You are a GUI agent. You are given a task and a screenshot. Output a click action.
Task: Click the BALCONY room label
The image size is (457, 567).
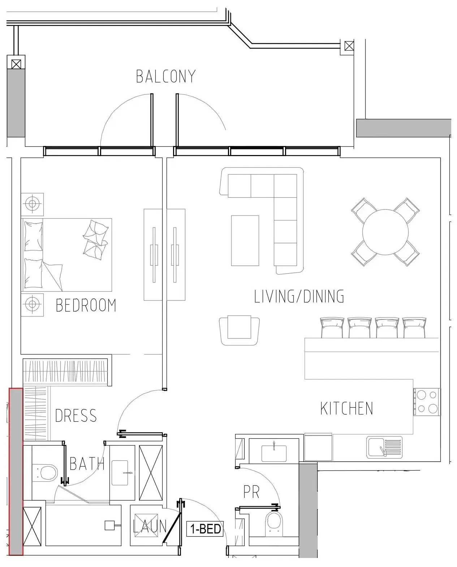click(x=166, y=76)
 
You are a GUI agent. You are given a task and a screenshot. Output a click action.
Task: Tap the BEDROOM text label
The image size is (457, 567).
click(x=86, y=305)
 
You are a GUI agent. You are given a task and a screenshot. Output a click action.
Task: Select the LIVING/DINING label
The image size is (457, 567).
click(x=299, y=296)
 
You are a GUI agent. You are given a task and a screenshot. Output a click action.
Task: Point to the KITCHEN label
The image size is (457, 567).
click(x=346, y=408)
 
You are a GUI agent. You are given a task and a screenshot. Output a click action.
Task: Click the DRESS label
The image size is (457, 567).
click(x=76, y=416)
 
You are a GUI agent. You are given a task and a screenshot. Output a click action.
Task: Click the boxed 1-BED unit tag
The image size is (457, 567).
click(x=205, y=529)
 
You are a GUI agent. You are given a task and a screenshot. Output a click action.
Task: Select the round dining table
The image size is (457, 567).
click(x=385, y=232)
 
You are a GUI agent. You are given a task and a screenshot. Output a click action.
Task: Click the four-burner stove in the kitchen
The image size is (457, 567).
click(x=427, y=402)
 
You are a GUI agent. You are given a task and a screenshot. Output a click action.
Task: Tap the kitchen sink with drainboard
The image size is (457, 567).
click(x=384, y=447)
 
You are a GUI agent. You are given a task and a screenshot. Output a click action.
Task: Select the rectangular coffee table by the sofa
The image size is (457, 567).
click(x=245, y=241)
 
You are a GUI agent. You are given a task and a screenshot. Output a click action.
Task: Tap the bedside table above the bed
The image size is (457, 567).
click(x=32, y=204)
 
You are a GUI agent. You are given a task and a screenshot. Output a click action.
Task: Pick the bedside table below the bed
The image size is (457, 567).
click(x=32, y=305)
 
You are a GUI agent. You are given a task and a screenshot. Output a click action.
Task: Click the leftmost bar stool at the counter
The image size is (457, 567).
click(x=332, y=327)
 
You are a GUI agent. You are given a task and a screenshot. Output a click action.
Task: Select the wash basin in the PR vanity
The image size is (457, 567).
click(x=274, y=453)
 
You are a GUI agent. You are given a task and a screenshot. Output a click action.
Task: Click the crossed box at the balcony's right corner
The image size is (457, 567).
click(x=349, y=46)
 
